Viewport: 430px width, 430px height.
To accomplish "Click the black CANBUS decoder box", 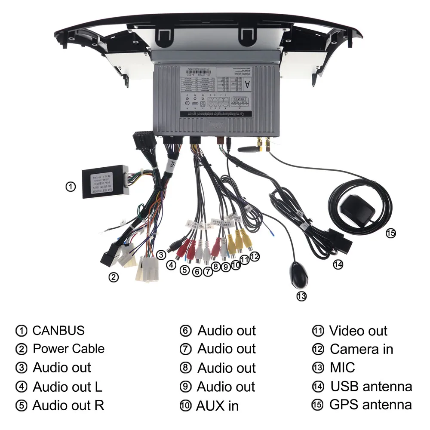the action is [x=103, y=182].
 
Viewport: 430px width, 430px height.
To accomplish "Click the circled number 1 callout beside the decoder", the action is [x=71, y=187].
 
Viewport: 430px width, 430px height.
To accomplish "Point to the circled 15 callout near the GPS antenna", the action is [x=390, y=233].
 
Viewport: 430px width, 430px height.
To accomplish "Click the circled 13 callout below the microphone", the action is [x=302, y=296].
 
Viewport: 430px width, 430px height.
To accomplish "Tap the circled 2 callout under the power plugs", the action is [x=114, y=277].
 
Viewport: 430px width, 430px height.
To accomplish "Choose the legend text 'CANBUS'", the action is [x=58, y=330].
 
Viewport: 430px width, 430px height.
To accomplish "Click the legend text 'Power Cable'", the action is [x=68, y=348].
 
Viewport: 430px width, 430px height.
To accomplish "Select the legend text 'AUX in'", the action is [x=217, y=405].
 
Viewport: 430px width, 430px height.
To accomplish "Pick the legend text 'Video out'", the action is [x=358, y=331].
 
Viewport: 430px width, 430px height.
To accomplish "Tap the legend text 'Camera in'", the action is [x=361, y=349].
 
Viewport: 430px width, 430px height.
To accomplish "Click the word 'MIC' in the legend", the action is [x=342, y=368].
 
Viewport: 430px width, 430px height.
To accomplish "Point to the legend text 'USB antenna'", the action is [x=371, y=386].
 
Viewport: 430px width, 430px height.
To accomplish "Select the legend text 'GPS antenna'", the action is [x=370, y=405].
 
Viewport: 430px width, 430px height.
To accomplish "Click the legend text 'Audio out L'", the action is [x=68, y=387].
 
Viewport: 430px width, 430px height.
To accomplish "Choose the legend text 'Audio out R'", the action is [x=68, y=405].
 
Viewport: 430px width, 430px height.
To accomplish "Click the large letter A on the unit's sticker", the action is [x=246, y=85].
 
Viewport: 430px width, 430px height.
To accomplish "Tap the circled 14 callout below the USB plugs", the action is [x=338, y=265].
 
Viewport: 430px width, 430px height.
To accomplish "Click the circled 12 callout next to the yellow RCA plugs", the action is [x=255, y=257].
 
